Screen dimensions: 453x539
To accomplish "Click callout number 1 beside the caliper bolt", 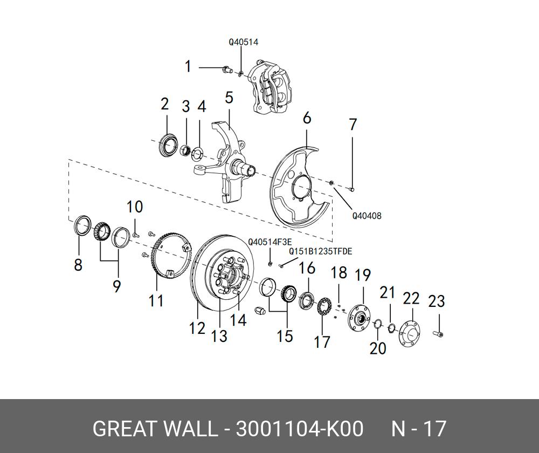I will click(x=188, y=67).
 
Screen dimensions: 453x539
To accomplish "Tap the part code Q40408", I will click(x=367, y=216).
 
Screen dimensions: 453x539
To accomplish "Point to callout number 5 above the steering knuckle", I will click(x=229, y=98).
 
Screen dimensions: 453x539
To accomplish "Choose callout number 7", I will click(x=353, y=125).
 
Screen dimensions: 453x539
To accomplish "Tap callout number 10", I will click(x=135, y=207).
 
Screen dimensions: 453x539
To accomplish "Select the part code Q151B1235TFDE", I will click(x=320, y=251).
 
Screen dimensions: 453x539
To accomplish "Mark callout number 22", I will click(x=411, y=299).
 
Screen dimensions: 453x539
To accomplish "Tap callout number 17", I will click(x=322, y=342).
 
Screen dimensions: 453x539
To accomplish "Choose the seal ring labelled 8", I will click(x=81, y=225).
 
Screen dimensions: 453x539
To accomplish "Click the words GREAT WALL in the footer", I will click(x=154, y=429).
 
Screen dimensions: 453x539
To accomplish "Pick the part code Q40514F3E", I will click(x=269, y=242).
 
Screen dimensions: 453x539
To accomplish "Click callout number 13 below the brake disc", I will click(x=219, y=336).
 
